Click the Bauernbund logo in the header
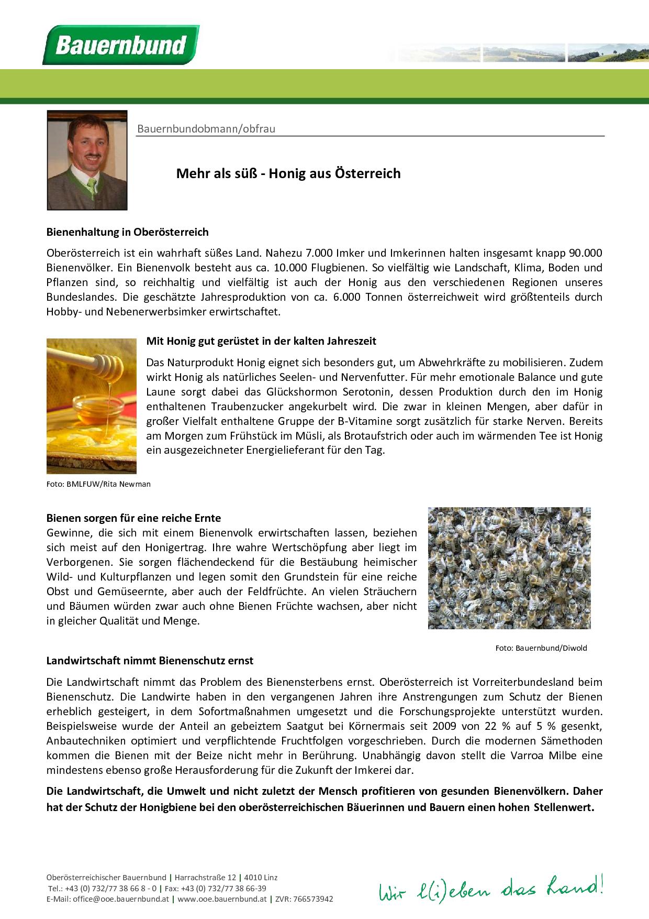[121, 45]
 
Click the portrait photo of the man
[87, 160]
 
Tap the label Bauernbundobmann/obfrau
[206, 129]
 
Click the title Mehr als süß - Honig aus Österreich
[288, 173]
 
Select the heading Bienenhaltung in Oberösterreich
[127, 232]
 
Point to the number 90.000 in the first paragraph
[585, 253]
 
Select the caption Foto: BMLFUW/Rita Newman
[98, 484]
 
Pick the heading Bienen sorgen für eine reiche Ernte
[133, 518]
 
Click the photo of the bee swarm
[509, 567]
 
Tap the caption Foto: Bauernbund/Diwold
[541, 648]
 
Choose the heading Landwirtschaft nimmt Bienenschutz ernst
[150, 661]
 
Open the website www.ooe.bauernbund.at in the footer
[222, 899]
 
